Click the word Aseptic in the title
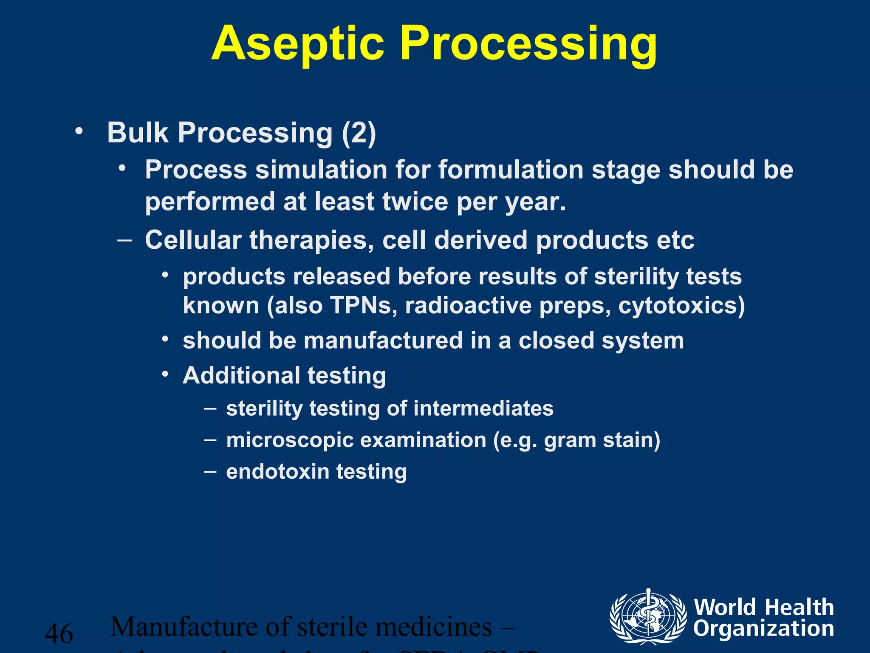pyautogui.click(x=297, y=44)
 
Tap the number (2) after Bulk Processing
pyautogui.click(x=359, y=133)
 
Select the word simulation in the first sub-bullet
pyautogui.click(x=322, y=170)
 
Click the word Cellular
pyautogui.click(x=193, y=240)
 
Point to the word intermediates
pyautogui.click(x=483, y=409)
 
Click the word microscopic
pyautogui.click(x=290, y=440)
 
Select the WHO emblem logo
pyautogui.click(x=648, y=617)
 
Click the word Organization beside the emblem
pyautogui.click(x=763, y=629)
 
